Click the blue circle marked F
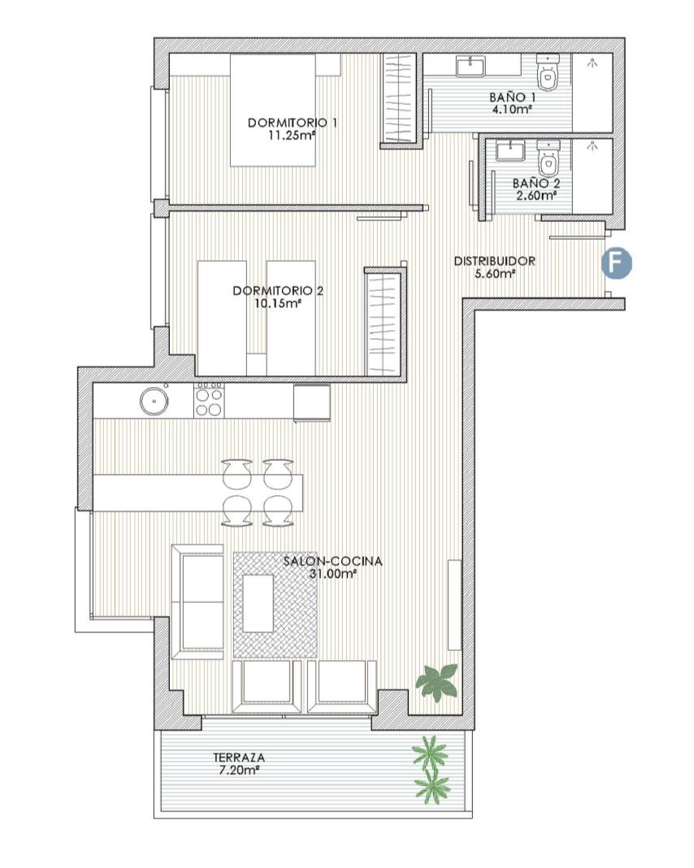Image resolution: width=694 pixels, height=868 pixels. [x=617, y=263]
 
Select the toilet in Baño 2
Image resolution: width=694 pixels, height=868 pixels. [x=549, y=158]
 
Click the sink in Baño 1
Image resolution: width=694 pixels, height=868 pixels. [x=471, y=67]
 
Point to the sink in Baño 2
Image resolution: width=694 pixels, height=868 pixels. [x=510, y=150]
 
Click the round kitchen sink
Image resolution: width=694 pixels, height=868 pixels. [x=154, y=401]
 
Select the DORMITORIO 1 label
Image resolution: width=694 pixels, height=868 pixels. [x=293, y=123]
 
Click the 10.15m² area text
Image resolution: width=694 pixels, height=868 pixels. [x=278, y=303]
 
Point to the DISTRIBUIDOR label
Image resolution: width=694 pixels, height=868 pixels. [x=495, y=261]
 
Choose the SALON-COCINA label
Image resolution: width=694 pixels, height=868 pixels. [x=332, y=561]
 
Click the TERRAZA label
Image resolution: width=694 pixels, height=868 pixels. [x=239, y=757]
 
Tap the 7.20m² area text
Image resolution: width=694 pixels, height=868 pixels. [x=239, y=770]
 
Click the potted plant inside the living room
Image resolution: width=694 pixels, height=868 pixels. [x=438, y=681]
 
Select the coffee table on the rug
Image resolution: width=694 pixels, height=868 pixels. [x=258, y=603]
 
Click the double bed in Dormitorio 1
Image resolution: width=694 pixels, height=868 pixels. [x=273, y=110]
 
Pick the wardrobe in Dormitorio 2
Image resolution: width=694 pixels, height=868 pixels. [x=383, y=323]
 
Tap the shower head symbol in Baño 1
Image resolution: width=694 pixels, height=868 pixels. [x=592, y=63]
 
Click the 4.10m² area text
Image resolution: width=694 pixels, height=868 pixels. [x=513, y=109]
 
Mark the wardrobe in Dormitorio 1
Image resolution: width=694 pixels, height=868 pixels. [x=398, y=100]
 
